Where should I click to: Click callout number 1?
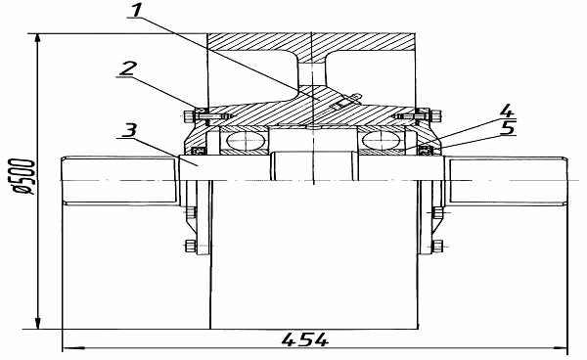pyautogui.click(x=136, y=10)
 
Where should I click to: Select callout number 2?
pyautogui.click(x=127, y=68)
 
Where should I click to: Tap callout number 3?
pyautogui.click(x=129, y=130)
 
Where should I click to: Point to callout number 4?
pyautogui.click(x=506, y=112)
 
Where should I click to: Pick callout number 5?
pyautogui.click(x=508, y=128)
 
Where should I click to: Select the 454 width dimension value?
pyautogui.click(x=305, y=340)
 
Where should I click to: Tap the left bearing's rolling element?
pyautogui.click(x=246, y=140)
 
